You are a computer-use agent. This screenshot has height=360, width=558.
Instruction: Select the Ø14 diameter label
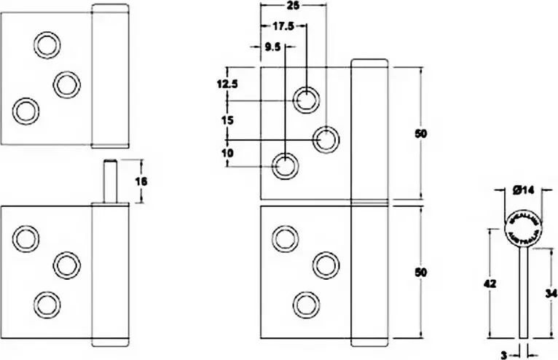(523, 190)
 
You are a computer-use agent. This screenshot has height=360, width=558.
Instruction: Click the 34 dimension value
(549, 293)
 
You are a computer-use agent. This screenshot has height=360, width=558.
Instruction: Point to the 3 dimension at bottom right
(504, 355)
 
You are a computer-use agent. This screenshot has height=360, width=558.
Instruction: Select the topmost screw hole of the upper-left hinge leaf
(47, 45)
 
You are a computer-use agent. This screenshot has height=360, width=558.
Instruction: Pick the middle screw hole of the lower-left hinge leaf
(66, 265)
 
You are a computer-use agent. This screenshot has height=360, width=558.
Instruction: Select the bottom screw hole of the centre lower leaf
(304, 302)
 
